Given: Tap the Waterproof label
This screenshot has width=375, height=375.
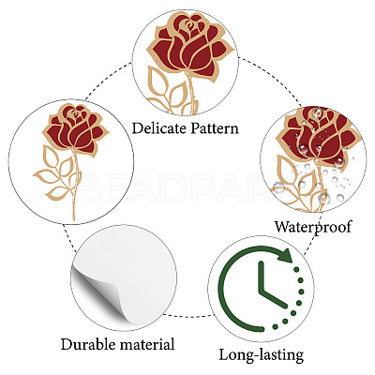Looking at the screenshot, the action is point(313,227).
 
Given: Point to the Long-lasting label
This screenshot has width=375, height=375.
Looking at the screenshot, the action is point(262,355).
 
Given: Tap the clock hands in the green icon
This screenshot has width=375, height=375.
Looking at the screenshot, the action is point(270,286).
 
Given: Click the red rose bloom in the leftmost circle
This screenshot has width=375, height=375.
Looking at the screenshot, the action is point(75,128).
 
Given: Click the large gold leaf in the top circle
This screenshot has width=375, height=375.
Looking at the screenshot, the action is point(157,82).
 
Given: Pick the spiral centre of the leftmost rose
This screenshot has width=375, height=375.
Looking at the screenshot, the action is point(75,113).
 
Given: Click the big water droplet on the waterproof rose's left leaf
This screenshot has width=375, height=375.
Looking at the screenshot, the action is point(278,187).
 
